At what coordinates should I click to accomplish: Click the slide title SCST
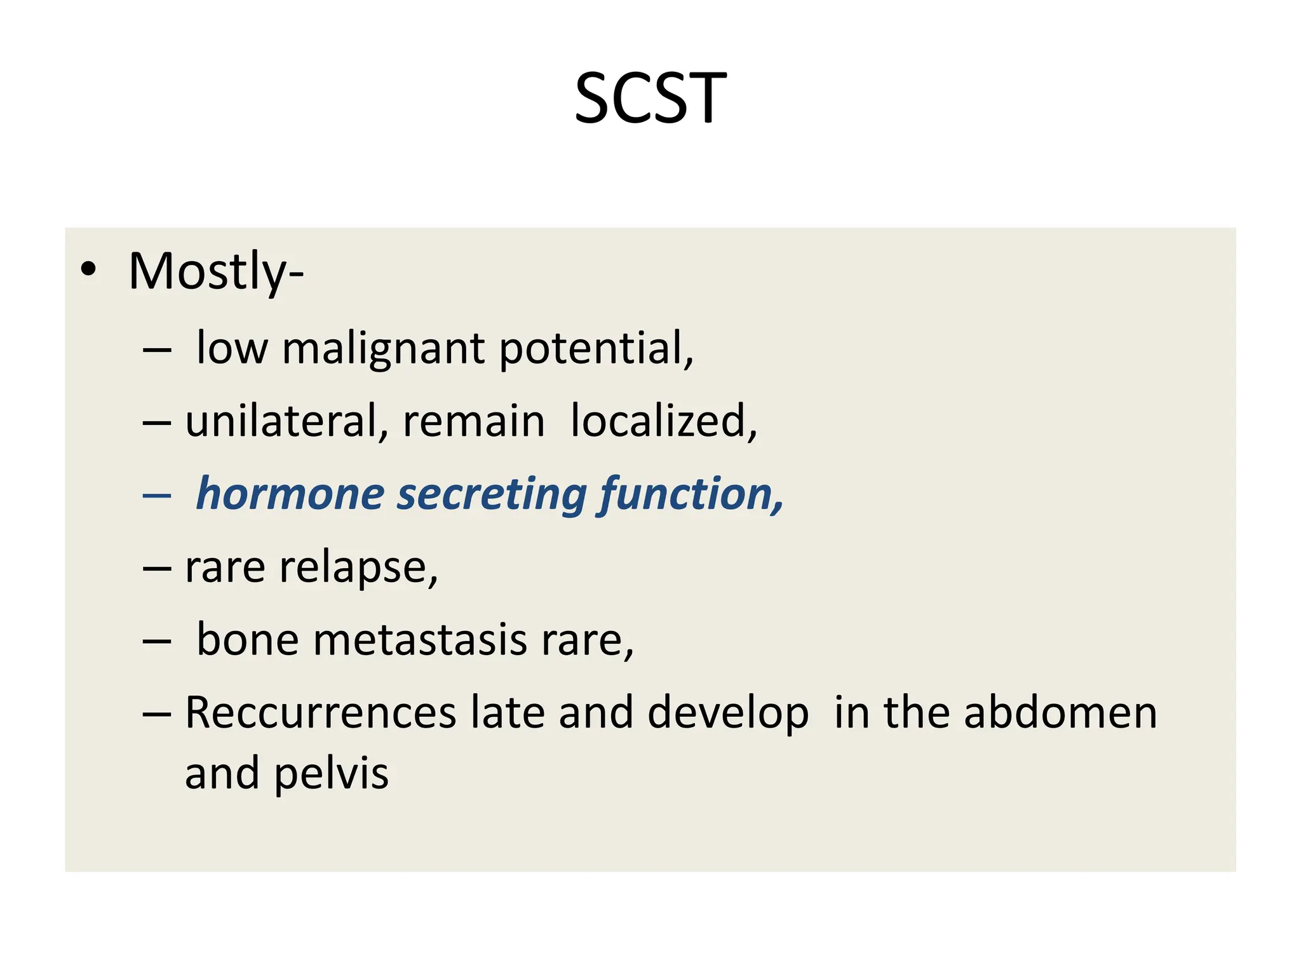(650, 98)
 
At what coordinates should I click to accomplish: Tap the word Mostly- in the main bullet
(216, 271)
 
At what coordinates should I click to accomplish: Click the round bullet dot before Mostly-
(89, 269)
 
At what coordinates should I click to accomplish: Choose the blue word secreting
(492, 495)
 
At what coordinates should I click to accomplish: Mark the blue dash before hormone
(157, 495)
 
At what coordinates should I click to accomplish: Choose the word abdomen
(1060, 713)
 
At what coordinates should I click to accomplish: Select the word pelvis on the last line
(331, 775)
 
